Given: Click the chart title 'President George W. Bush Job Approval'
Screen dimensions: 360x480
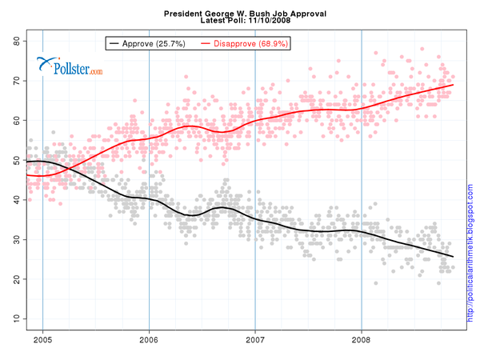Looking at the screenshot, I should (239, 14).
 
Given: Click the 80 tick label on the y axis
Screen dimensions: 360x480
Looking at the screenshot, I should (14, 41).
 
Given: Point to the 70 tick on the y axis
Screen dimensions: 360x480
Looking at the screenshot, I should (14, 81).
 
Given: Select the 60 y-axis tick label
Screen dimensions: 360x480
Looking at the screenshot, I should (14, 120).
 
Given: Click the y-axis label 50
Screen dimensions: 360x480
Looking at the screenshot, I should (14, 160).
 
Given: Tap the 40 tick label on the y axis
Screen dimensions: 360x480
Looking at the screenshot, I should (14, 200).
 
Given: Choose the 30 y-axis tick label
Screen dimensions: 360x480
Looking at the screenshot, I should (14, 239).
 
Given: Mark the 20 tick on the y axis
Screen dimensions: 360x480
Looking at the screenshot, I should (14, 279).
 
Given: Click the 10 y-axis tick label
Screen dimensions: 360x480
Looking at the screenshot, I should (14, 318).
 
